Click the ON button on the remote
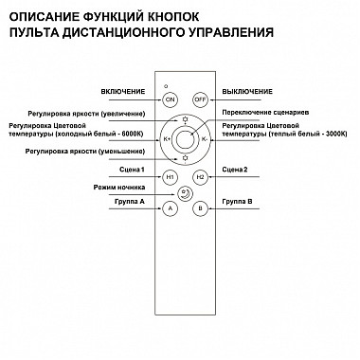[171, 99]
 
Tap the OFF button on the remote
[199, 99]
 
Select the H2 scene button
[199, 176]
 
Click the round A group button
[171, 208]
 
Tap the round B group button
[199, 208]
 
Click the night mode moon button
[185, 193]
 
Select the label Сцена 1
[129, 170]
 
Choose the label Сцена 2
[234, 170]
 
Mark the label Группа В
[237, 202]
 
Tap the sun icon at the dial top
[185, 119]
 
